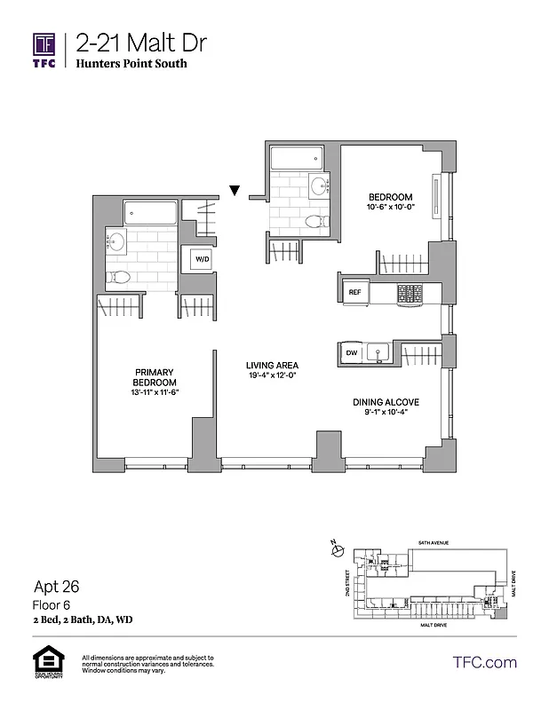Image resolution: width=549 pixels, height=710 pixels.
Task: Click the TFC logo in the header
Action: point(44,51)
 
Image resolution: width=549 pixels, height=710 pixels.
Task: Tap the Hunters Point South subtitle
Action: point(131,64)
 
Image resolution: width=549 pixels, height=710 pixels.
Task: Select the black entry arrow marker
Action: point(235,189)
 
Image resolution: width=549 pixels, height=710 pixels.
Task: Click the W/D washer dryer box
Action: point(202,259)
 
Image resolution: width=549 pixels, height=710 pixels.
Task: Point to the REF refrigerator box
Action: point(354,291)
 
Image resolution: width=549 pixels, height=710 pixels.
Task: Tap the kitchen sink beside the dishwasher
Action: point(378,353)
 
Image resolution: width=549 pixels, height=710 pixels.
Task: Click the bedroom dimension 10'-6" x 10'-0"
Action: point(391,208)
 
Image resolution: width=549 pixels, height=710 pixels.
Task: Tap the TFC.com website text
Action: point(484,662)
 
